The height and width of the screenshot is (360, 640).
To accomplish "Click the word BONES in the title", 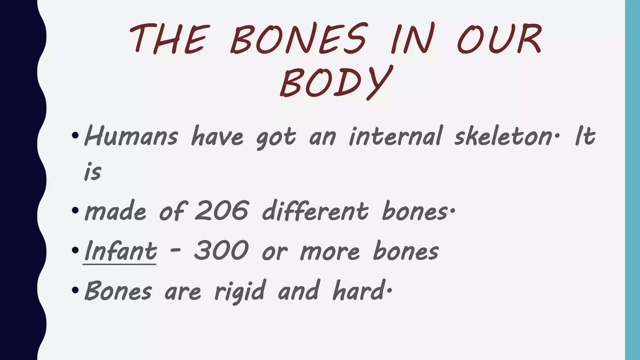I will (298, 39).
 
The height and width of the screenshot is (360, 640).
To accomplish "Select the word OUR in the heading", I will (499, 39).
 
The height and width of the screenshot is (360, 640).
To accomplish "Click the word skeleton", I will (503, 137).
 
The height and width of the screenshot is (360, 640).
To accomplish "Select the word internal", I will (396, 137).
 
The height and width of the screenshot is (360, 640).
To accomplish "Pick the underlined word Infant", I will (120, 251).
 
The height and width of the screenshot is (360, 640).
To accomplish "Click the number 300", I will (221, 251).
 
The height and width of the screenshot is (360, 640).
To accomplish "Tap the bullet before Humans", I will (75, 136).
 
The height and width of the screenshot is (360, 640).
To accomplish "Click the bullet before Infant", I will (75, 250).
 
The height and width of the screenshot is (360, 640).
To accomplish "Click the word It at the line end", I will (585, 137).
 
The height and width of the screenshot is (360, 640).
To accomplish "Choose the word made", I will (115, 212).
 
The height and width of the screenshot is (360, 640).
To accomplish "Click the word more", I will (330, 252).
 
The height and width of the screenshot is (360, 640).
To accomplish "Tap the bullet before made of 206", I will (75, 210).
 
